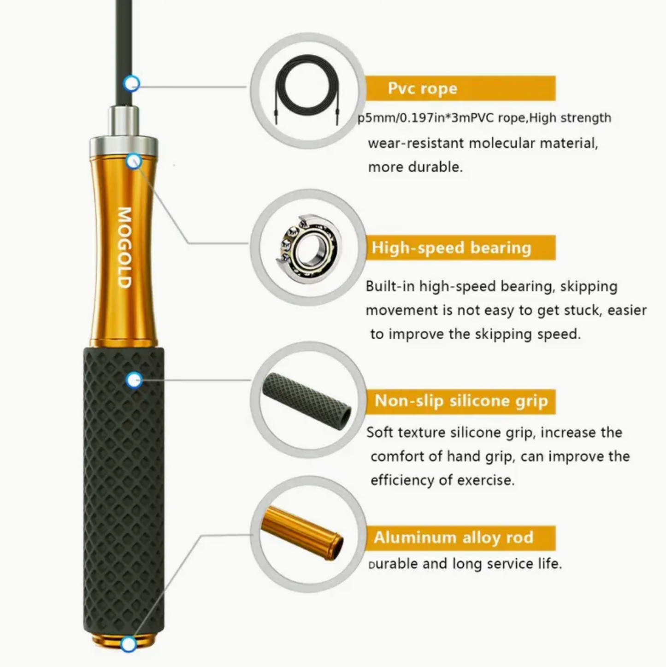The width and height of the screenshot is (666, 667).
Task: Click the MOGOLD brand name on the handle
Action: (x=124, y=247)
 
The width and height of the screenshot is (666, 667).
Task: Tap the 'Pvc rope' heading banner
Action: (x=460, y=88)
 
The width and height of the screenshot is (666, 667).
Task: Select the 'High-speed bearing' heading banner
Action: (x=460, y=248)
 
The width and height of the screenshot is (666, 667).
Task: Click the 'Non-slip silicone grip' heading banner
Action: (x=461, y=401)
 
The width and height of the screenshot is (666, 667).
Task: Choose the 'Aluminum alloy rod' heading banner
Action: (x=460, y=537)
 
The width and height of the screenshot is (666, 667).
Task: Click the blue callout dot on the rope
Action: (x=132, y=84)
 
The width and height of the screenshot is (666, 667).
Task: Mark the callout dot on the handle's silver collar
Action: (x=134, y=161)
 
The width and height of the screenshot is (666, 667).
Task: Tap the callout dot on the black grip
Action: (x=134, y=380)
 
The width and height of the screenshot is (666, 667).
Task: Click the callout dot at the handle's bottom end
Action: (x=129, y=644)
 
